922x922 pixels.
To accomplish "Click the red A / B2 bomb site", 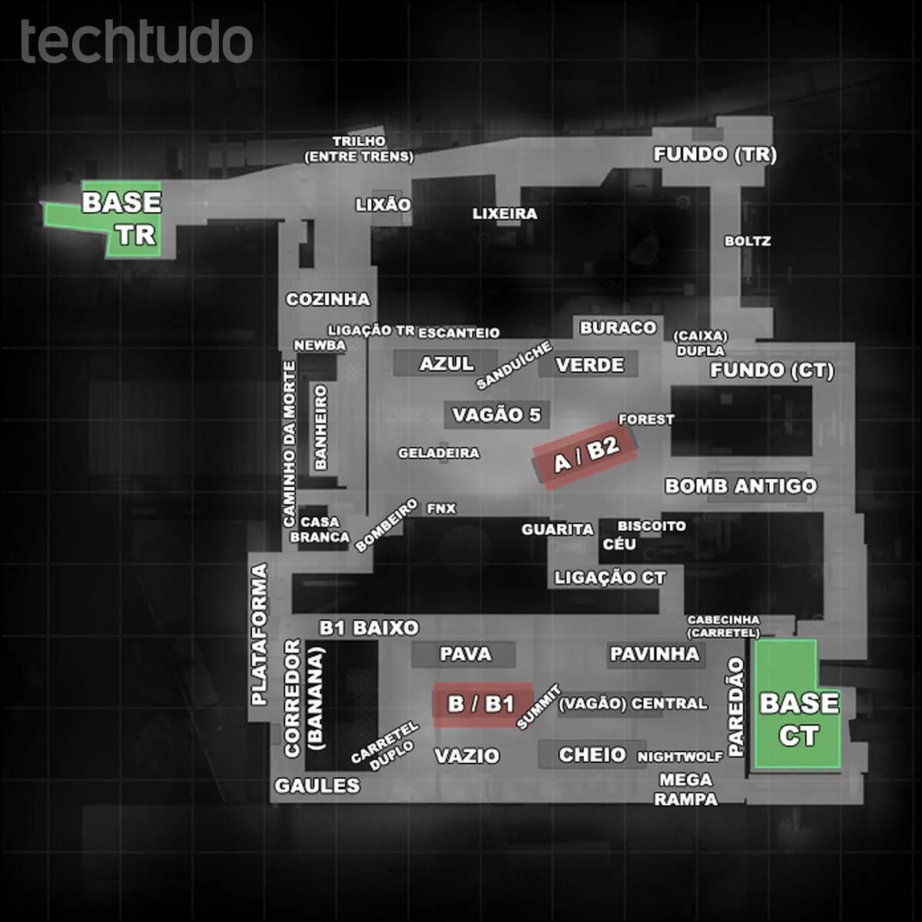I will pyautogui.click(x=585, y=454).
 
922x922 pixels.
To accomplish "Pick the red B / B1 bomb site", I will pyautogui.click(x=483, y=703).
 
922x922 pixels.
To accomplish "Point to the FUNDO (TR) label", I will pyautogui.click(x=715, y=154).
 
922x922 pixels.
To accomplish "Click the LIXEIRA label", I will pyautogui.click(x=505, y=214).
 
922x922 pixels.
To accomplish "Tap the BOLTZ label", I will pyautogui.click(x=747, y=241).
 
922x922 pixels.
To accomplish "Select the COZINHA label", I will pyautogui.click(x=328, y=299).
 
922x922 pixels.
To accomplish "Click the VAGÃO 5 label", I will pyautogui.click(x=496, y=415).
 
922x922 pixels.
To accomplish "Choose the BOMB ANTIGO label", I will pyautogui.click(x=741, y=486).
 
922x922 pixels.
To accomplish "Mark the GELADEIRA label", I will pyautogui.click(x=439, y=453).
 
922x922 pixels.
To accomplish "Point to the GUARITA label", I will pyautogui.click(x=558, y=529).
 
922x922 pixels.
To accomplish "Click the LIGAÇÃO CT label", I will pyautogui.click(x=610, y=577).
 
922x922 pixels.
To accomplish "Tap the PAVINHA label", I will pyautogui.click(x=655, y=654).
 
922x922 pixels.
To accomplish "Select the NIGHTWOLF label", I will pyautogui.click(x=680, y=757).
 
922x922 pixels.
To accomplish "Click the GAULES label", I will pyautogui.click(x=317, y=785).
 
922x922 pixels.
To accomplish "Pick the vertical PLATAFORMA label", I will pyautogui.click(x=259, y=635).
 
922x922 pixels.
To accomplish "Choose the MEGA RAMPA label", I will pyautogui.click(x=685, y=789).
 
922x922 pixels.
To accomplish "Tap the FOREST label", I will pyautogui.click(x=646, y=420).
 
